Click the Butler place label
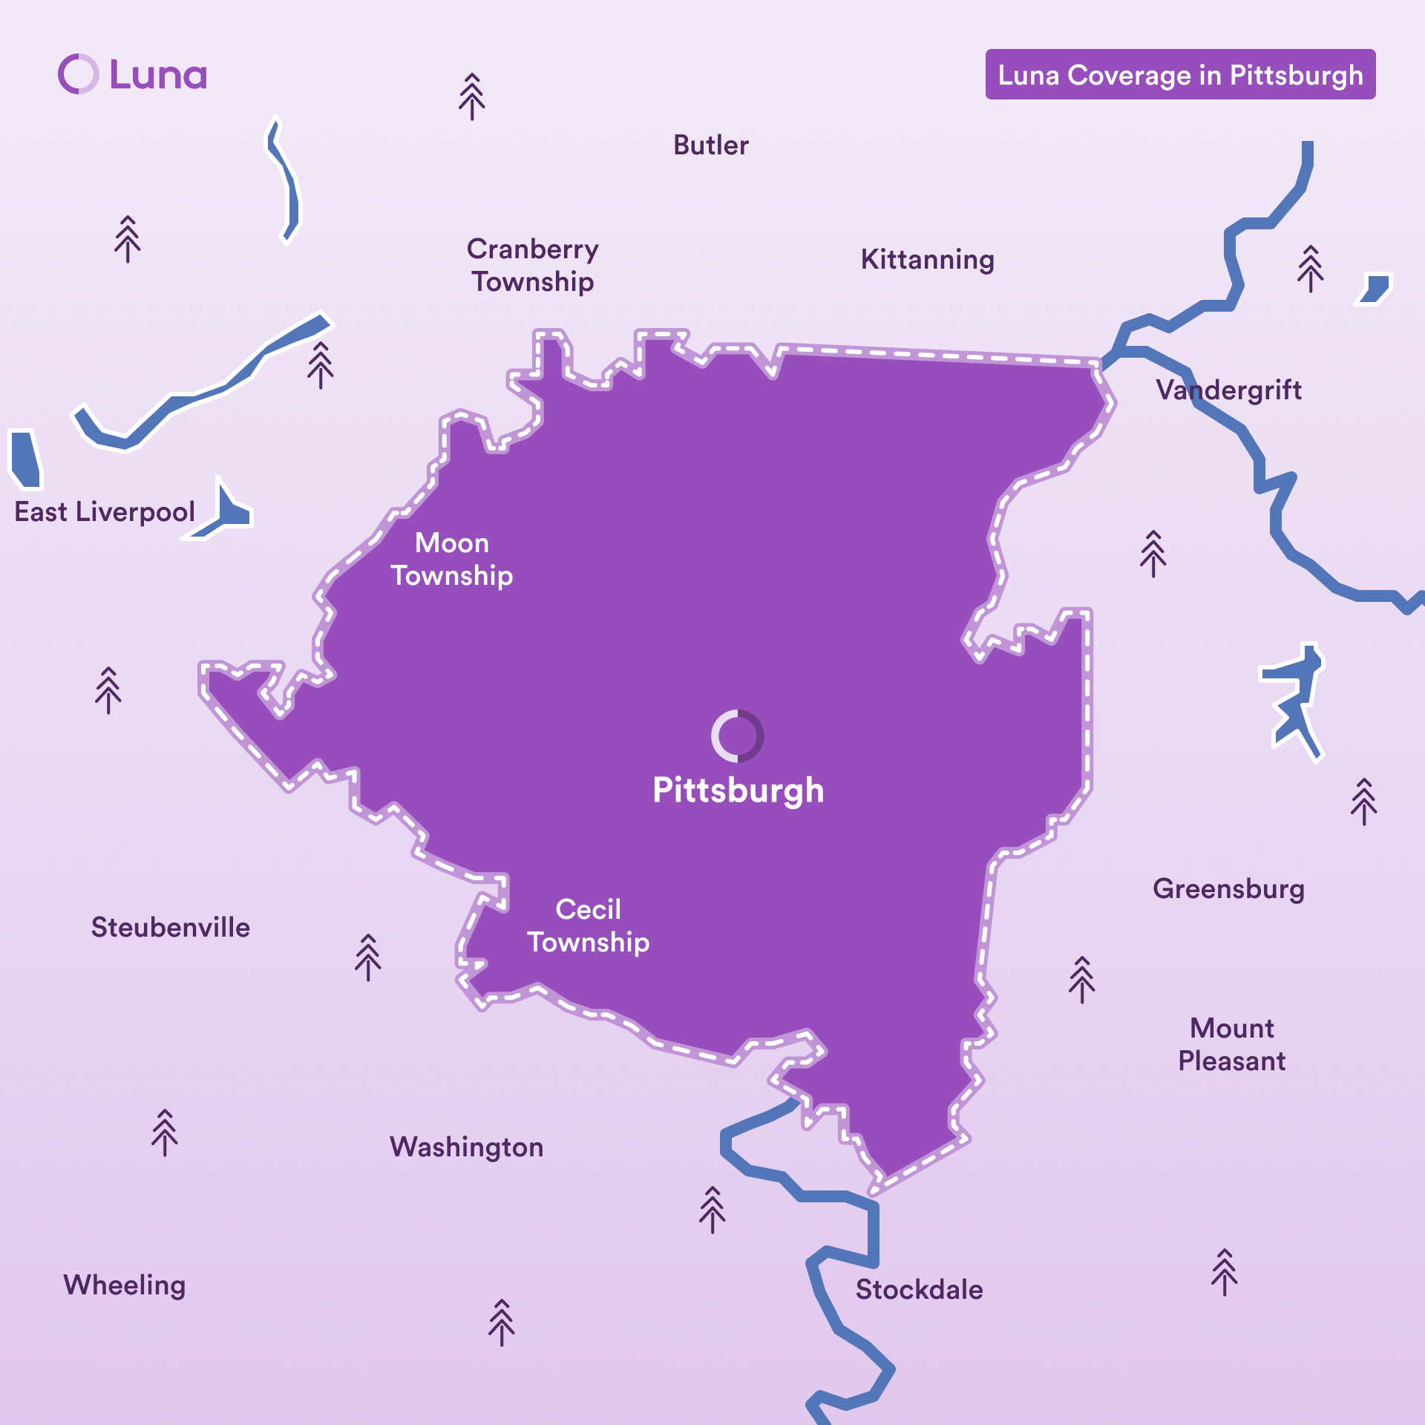coord(710,145)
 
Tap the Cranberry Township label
coord(532,265)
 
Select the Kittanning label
coord(927,260)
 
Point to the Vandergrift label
coord(1228,390)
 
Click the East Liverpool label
coord(105,512)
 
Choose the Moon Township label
coord(452,559)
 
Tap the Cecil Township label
coord(588,926)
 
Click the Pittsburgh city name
coord(738,790)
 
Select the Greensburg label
coord(1228,889)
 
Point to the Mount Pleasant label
coord(1231,1044)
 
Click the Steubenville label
coord(170,928)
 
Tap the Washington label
coord(466,1147)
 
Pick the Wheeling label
coord(124,1285)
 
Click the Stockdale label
coord(919,1290)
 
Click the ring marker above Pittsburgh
coord(737,736)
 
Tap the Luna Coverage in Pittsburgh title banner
coord(1180,75)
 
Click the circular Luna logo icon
coord(78,74)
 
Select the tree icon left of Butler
coord(471,96)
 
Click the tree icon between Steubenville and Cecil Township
coord(367,957)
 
